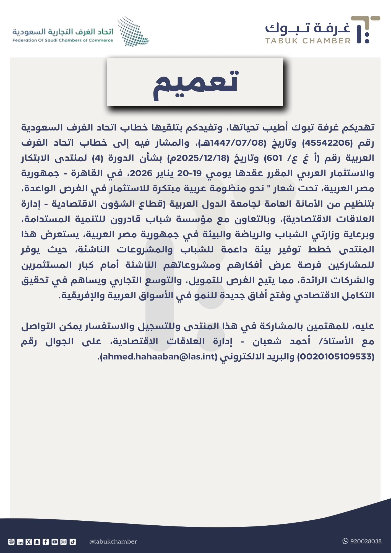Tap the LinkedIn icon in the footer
tap(20, 542)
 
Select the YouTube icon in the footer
tap(55, 542)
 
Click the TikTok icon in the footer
tap(73, 542)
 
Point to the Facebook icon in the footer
tap(46, 542)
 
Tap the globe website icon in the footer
tap(11, 542)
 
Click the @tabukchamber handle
tap(113, 541)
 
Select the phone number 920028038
tap(366, 541)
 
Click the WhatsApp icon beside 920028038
tap(345, 541)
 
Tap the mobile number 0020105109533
tap(336, 357)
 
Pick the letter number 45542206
tap(327, 143)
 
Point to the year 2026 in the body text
tap(141, 173)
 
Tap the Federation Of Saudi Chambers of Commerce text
tap(63, 40)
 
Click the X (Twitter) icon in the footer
tap(29, 542)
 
